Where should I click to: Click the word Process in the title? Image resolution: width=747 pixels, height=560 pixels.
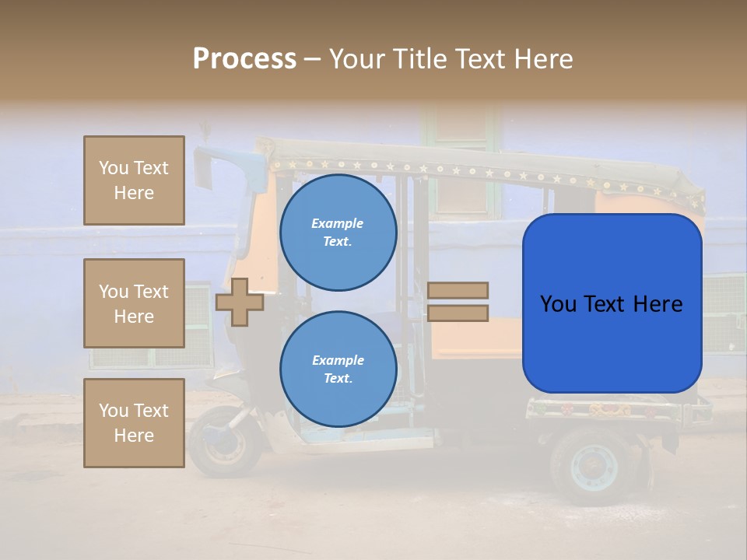pyautogui.click(x=244, y=59)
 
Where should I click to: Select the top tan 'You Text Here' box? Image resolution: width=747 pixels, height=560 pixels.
pyautogui.click(x=134, y=180)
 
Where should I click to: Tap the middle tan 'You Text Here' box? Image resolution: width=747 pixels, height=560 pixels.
pyautogui.click(x=134, y=303)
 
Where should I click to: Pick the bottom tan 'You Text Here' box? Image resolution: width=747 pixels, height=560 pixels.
pyautogui.click(x=134, y=422)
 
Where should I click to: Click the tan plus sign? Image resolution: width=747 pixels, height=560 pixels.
pyautogui.click(x=240, y=301)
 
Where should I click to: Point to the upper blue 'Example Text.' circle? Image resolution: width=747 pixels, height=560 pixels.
pyautogui.click(x=338, y=233)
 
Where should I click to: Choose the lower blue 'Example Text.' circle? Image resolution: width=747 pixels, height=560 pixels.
pyautogui.click(x=338, y=369)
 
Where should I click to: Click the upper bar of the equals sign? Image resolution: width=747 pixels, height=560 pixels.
pyautogui.click(x=458, y=290)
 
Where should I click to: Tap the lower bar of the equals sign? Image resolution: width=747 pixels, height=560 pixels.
pyautogui.click(x=458, y=313)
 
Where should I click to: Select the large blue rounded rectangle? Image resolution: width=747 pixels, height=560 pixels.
pyautogui.click(x=612, y=303)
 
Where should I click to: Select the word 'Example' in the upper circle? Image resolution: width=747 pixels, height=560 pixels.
pyautogui.click(x=338, y=223)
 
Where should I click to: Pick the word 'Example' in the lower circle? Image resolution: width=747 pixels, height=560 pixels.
pyautogui.click(x=338, y=360)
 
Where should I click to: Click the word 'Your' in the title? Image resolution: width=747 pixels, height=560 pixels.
pyautogui.click(x=359, y=59)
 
